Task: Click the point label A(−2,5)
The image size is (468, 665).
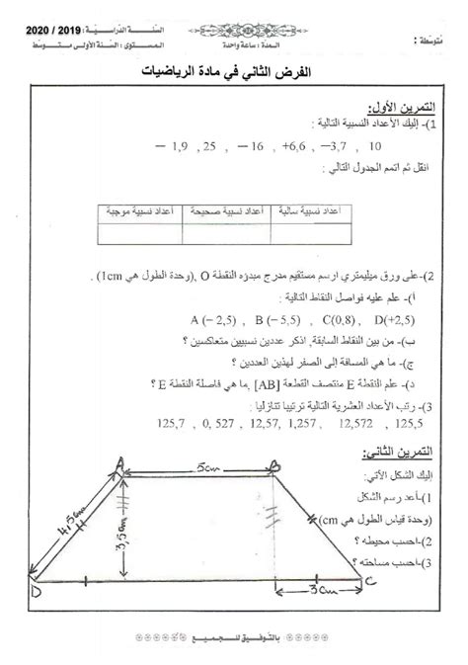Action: (x=208, y=321)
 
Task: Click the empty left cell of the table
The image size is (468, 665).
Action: (x=140, y=234)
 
